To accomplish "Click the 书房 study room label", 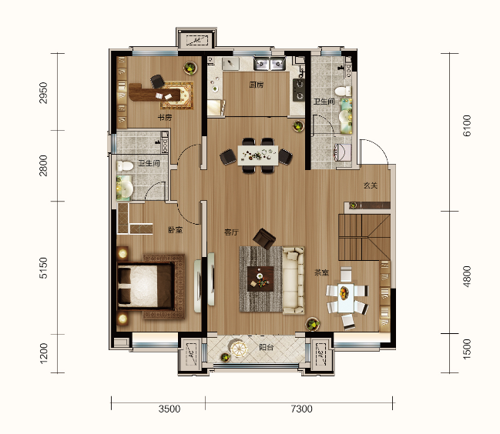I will click(x=164, y=118).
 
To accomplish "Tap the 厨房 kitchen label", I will click(x=257, y=85).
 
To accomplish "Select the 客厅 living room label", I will click(x=232, y=231).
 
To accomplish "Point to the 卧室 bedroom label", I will click(x=175, y=230).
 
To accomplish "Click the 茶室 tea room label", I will click(x=322, y=272).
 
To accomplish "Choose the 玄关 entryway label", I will click(x=371, y=185).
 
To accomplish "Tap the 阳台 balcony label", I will click(x=267, y=348).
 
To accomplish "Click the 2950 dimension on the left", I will click(x=44, y=92).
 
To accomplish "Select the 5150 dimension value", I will click(x=44, y=268).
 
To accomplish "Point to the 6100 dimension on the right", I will click(x=466, y=127).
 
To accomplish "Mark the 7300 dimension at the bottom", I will click(x=302, y=409).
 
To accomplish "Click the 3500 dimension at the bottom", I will click(x=170, y=409).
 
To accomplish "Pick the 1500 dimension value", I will click(x=466, y=352).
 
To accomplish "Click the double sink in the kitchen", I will click(x=267, y=64).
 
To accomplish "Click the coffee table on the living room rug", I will click(x=261, y=278).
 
